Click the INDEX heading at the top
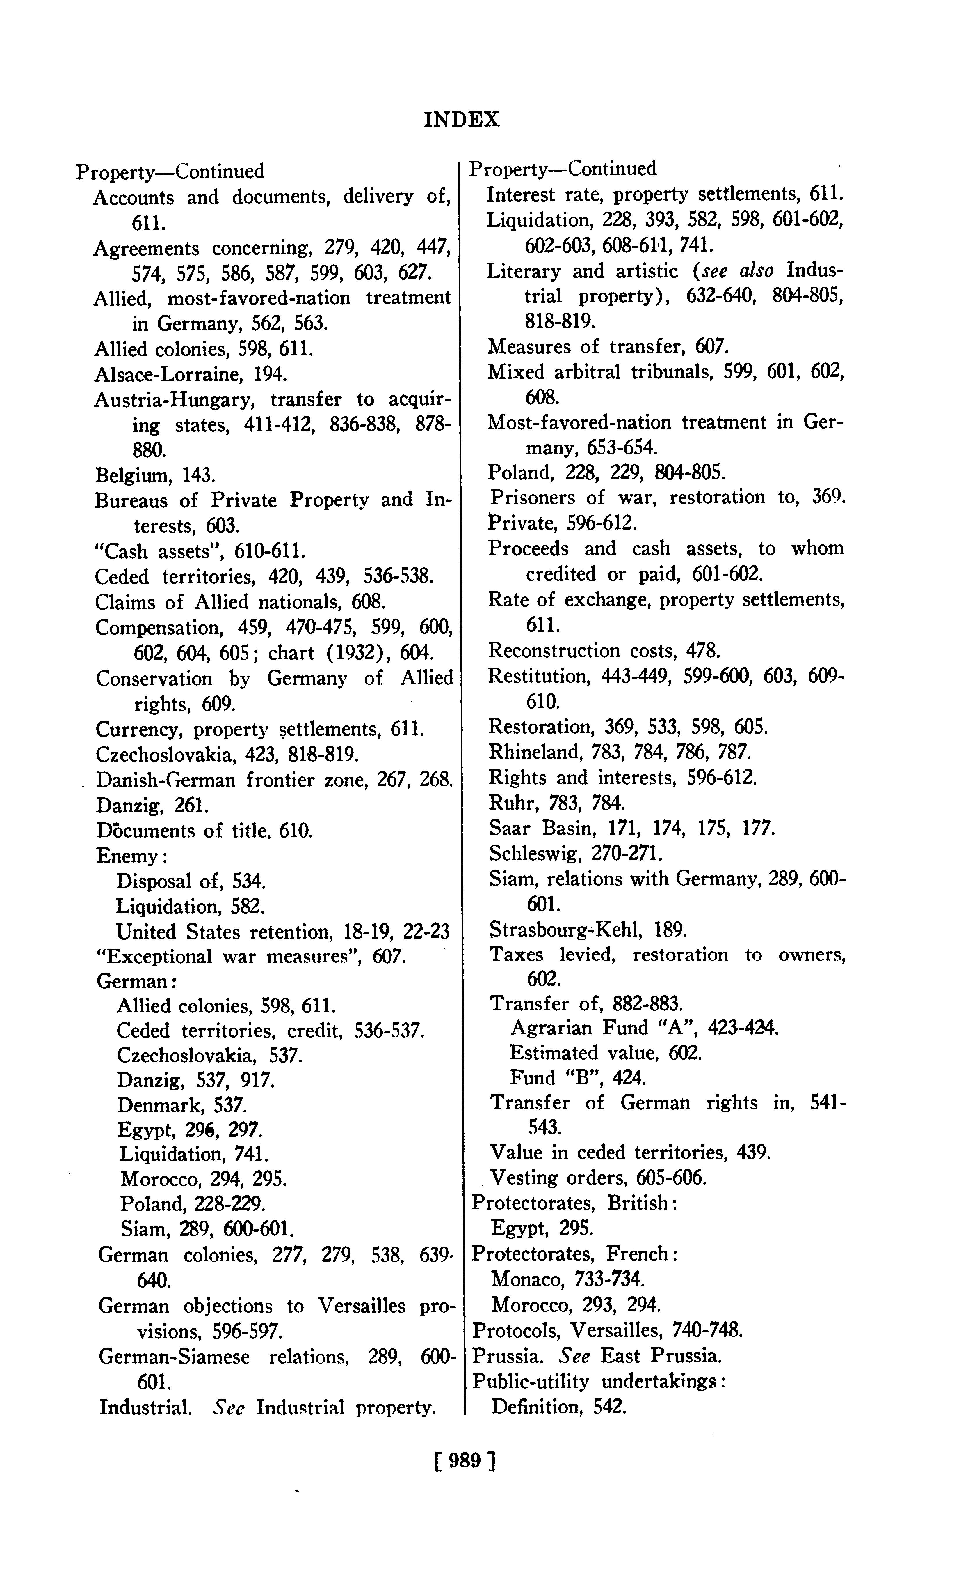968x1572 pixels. click(x=462, y=120)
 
